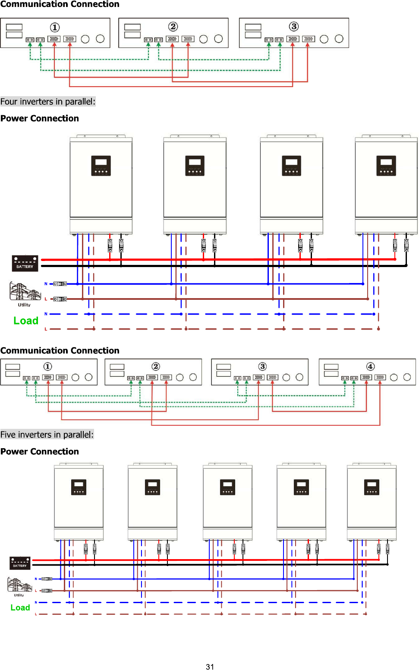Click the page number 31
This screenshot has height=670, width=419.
pos(210,667)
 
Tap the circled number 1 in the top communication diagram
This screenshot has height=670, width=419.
pos(55,28)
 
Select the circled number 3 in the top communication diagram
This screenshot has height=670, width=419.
pos(294,27)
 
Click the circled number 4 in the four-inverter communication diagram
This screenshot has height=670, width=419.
pos(370,366)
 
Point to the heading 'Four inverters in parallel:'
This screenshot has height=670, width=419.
pos(48,102)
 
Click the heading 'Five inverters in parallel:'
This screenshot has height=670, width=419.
pos(47,435)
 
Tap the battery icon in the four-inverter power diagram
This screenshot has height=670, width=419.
pos(25,263)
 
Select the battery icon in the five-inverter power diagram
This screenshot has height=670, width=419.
pos(20,563)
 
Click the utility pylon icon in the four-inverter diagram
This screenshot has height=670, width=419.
pos(25,292)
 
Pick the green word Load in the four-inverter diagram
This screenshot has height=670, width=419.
pos(26,321)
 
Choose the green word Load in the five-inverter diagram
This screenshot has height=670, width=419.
pos(20,608)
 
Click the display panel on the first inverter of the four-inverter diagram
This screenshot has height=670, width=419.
pos(101,166)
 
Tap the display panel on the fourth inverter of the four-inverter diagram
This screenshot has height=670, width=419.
pos(386,166)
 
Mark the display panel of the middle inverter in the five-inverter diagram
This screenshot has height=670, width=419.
pos(227,487)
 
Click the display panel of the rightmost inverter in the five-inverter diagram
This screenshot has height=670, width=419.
pos(372,487)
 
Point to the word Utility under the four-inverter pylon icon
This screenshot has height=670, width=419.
pos(24,305)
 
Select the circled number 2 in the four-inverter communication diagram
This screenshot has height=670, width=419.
pos(156,366)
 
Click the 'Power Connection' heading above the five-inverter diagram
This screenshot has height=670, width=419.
pos(40,452)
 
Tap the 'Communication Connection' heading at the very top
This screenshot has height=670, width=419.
pos(60,4)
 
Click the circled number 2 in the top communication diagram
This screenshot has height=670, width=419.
pos(173,27)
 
